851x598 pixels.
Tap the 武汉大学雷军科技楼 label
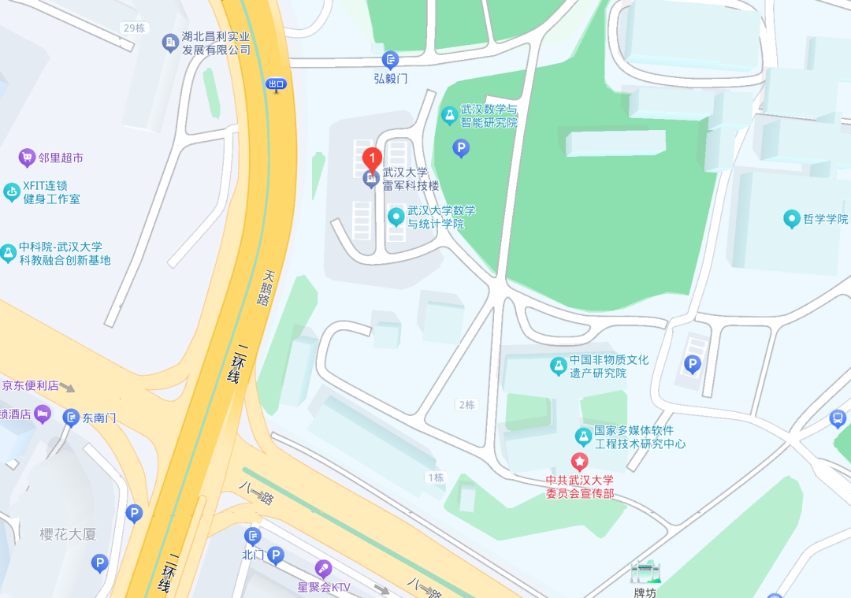click(x=411, y=180)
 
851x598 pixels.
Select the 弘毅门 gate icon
click(x=390, y=59)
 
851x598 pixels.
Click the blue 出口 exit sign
click(x=276, y=84)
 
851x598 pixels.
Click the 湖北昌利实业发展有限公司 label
click(x=216, y=43)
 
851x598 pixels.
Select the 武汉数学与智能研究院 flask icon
click(x=449, y=116)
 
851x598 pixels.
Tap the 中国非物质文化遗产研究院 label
click(x=609, y=366)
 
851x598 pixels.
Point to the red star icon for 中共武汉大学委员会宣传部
click(x=580, y=461)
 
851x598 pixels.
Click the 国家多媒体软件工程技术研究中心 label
click(x=640, y=437)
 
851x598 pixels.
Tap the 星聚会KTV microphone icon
click(x=323, y=569)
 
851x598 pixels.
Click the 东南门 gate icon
click(x=72, y=416)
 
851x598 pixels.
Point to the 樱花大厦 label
click(x=69, y=534)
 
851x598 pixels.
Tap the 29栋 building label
click(x=134, y=28)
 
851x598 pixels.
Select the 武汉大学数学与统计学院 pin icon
click(x=396, y=216)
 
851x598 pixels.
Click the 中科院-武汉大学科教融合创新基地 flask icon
click(x=9, y=253)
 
